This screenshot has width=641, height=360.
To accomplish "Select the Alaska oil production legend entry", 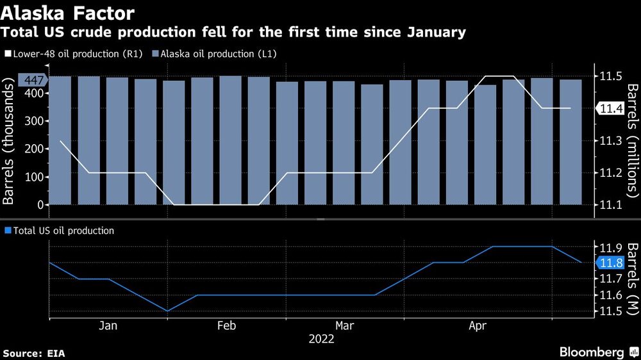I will (x=212, y=55).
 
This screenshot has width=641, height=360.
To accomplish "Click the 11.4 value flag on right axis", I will (x=611, y=108).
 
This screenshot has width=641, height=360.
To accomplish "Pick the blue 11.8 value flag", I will (x=610, y=263).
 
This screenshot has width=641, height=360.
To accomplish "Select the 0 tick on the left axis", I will (x=40, y=204).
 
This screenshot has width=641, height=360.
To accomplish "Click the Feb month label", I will (x=227, y=326).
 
